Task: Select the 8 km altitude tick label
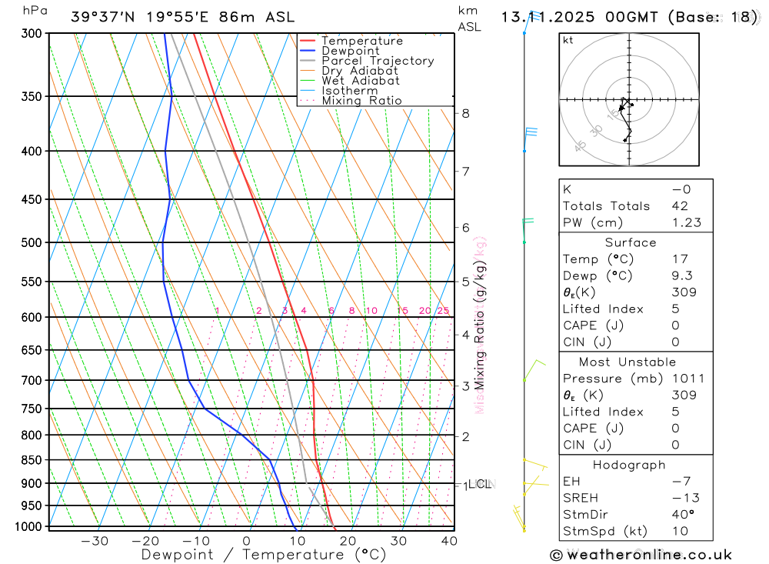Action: [465, 113]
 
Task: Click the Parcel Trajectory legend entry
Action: [378, 61]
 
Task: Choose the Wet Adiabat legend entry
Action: [361, 81]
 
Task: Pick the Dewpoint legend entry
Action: [351, 51]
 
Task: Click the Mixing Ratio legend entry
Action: [361, 101]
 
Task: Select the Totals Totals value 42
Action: [680, 205]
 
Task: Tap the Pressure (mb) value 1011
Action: [687, 379]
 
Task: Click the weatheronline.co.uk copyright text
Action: [641, 555]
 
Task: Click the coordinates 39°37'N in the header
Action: [100, 17]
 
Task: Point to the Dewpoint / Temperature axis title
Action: [264, 555]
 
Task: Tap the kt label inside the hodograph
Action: [568, 40]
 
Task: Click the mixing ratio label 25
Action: [443, 311]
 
